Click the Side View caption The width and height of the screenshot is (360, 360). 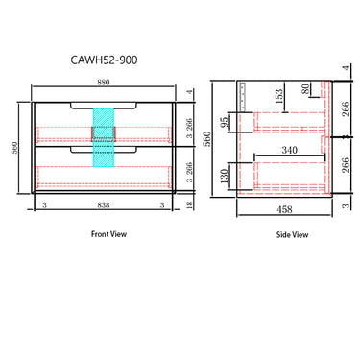point(293,234)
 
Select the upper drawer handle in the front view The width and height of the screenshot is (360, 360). point(103,103)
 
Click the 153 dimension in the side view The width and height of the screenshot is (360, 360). point(280,96)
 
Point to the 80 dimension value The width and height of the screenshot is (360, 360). point(306,91)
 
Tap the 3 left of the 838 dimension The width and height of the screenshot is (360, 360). point(44,205)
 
